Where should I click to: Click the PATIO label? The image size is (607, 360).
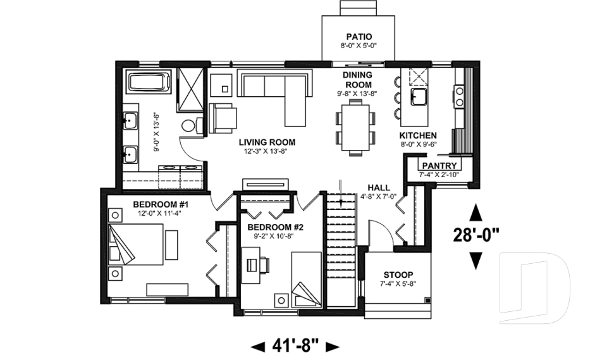[359, 36]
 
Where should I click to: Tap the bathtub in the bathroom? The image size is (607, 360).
[150, 84]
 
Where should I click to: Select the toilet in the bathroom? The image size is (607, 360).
[190, 125]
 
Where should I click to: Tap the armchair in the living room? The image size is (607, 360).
[223, 118]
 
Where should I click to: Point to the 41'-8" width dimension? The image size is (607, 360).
[295, 345]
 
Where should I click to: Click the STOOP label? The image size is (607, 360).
[398, 275]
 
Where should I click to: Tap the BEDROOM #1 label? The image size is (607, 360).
[161, 204]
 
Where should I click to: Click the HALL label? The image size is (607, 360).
[379, 188]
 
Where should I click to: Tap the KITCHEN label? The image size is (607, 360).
[418, 135]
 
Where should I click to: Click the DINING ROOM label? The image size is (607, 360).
[357, 79]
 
